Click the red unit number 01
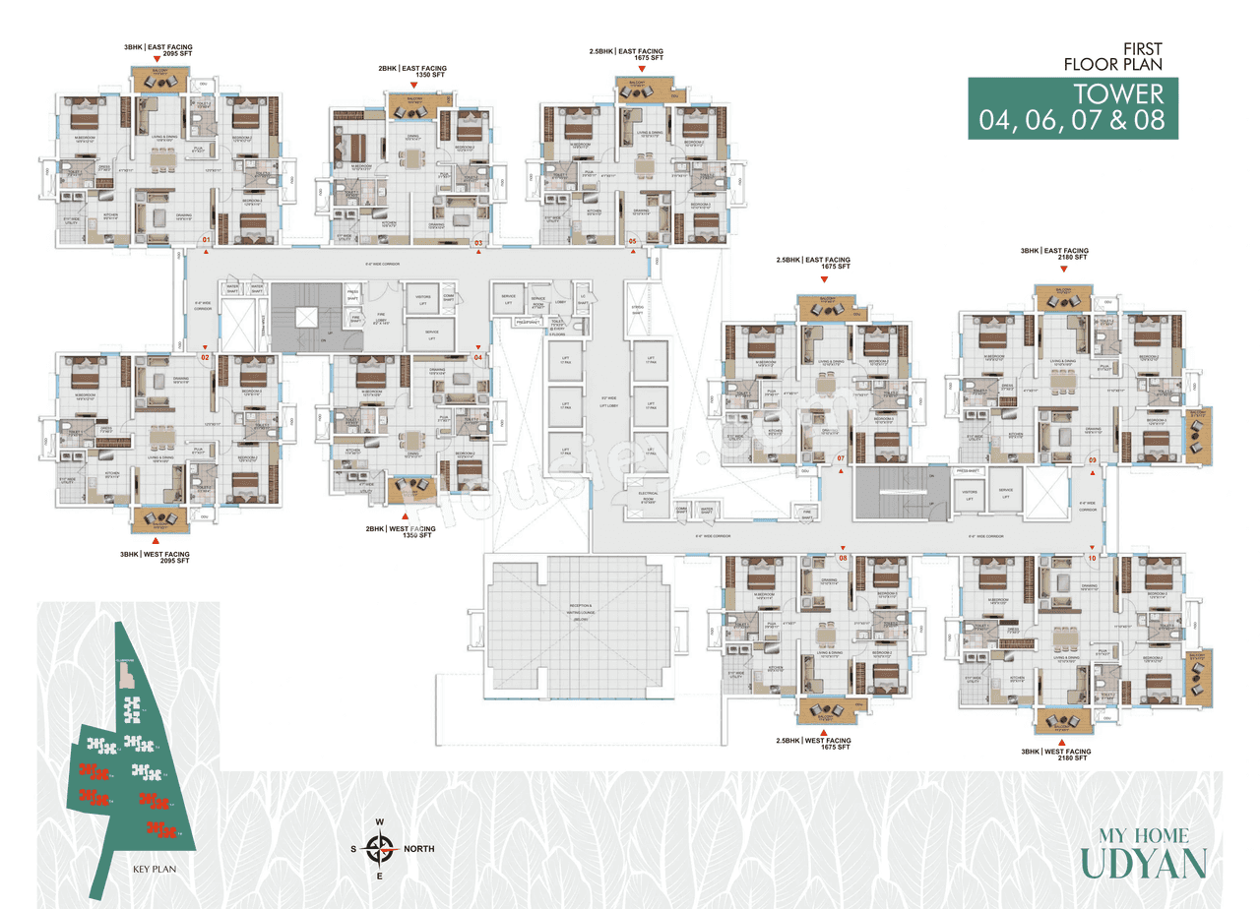point(206,240)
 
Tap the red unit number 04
point(479,357)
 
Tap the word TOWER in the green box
point(1118,94)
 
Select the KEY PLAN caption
point(153,871)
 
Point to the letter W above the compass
point(379,821)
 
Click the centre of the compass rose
point(379,847)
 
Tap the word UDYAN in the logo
point(1143,863)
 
